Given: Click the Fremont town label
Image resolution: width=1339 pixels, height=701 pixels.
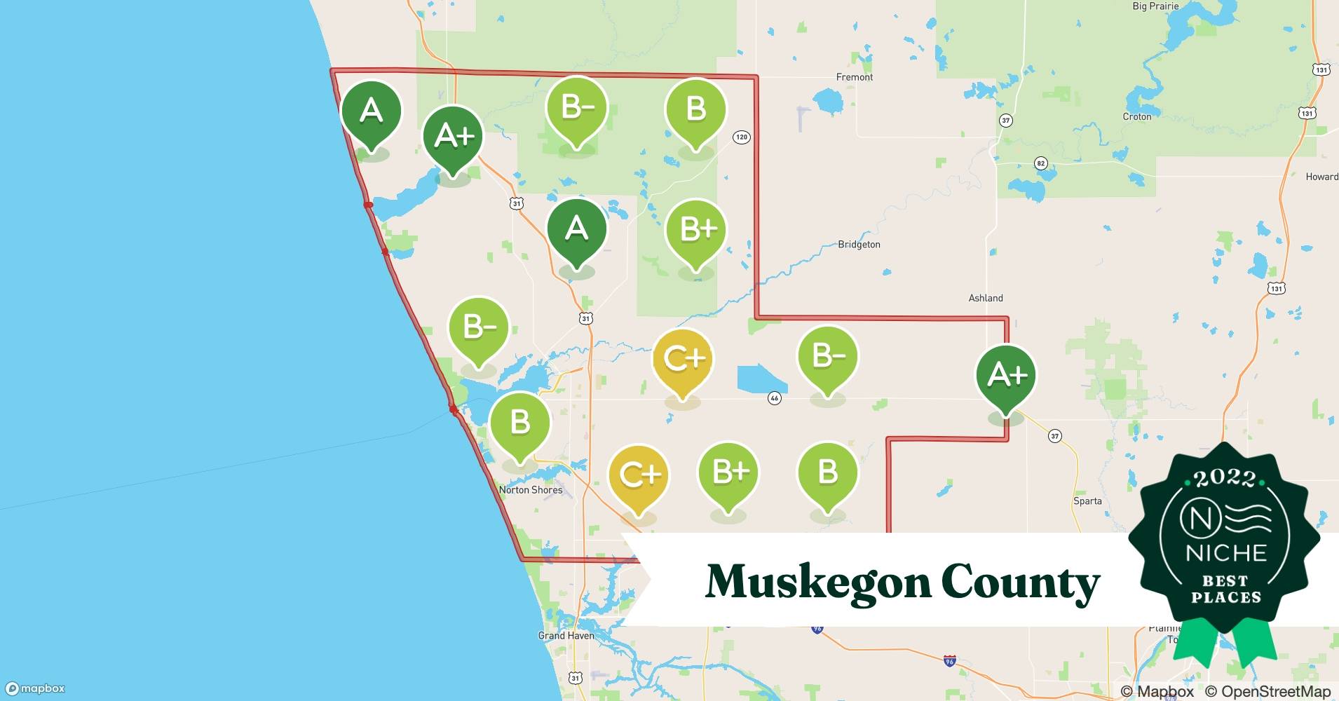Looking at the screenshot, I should [854, 77].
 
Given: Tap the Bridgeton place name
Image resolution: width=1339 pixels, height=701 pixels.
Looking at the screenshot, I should [859, 245].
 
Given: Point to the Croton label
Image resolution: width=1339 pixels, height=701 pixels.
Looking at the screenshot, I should [1136, 117].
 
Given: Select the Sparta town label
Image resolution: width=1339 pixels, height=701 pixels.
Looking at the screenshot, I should [1087, 501].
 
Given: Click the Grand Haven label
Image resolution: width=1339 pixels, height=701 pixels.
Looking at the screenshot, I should [566, 636].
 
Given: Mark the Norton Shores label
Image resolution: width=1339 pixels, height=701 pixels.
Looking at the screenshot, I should [531, 490].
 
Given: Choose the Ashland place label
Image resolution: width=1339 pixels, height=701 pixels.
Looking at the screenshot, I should [985, 298].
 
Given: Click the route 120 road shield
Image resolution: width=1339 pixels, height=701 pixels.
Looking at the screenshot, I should [742, 137].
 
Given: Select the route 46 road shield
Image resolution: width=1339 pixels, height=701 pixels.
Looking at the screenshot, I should [774, 398].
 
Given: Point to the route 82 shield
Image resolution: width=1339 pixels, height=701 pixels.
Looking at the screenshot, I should [1040, 163].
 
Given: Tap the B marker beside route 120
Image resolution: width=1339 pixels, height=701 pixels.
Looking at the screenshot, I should [695, 111].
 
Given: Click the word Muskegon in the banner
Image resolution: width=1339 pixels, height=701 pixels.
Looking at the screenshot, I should [815, 582].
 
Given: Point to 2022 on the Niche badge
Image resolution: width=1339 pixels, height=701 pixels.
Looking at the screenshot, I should [1225, 479].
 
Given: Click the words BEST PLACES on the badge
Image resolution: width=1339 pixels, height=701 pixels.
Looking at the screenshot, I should [1225, 590].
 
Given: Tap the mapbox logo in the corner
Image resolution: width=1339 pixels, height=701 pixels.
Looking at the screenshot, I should [35, 688].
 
